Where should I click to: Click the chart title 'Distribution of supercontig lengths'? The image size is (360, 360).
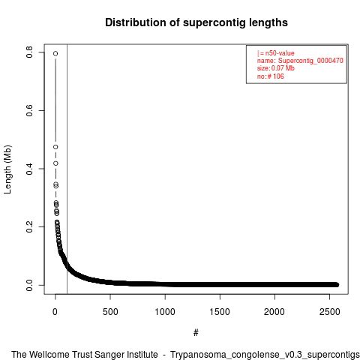click(x=196, y=22)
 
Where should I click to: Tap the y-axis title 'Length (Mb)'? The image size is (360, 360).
click(x=7, y=169)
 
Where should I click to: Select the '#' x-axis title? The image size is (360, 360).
click(x=196, y=333)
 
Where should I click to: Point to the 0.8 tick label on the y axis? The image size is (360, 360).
click(x=29, y=52)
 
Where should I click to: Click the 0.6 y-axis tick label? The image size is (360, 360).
click(x=29, y=110)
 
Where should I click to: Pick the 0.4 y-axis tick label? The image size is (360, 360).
click(x=29, y=169)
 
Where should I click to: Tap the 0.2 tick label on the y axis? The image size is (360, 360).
click(x=29, y=226)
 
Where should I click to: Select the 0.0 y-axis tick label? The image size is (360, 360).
click(x=29, y=285)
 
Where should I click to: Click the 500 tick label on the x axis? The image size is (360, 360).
click(x=110, y=312)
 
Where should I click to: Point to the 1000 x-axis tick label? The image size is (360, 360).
click(x=165, y=312)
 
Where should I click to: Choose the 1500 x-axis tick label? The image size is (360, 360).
click(x=220, y=312)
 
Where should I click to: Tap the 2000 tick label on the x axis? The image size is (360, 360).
click(x=274, y=312)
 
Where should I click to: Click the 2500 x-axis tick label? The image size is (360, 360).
click(x=330, y=312)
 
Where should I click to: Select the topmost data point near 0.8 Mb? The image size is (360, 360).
click(x=55, y=53)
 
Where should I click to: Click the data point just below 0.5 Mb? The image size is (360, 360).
click(x=55, y=147)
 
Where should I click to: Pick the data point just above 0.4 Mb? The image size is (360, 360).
click(x=55, y=163)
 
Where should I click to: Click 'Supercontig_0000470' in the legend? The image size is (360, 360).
click(x=310, y=61)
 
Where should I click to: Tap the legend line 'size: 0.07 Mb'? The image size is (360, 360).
click(x=276, y=68)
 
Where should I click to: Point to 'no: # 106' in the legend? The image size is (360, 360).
click(x=271, y=76)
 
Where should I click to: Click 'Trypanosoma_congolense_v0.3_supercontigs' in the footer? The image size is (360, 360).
click(x=265, y=355)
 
